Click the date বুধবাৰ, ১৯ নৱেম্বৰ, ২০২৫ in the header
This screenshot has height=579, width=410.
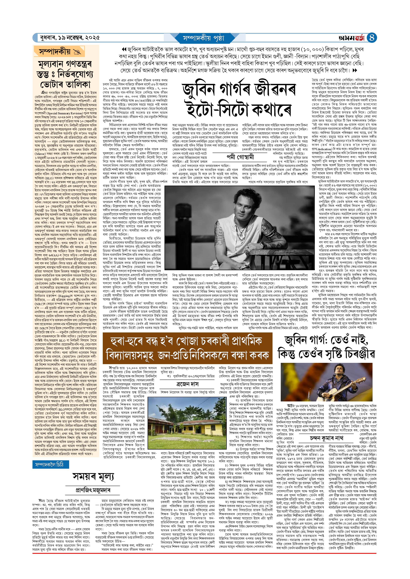(x=70, y=38)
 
